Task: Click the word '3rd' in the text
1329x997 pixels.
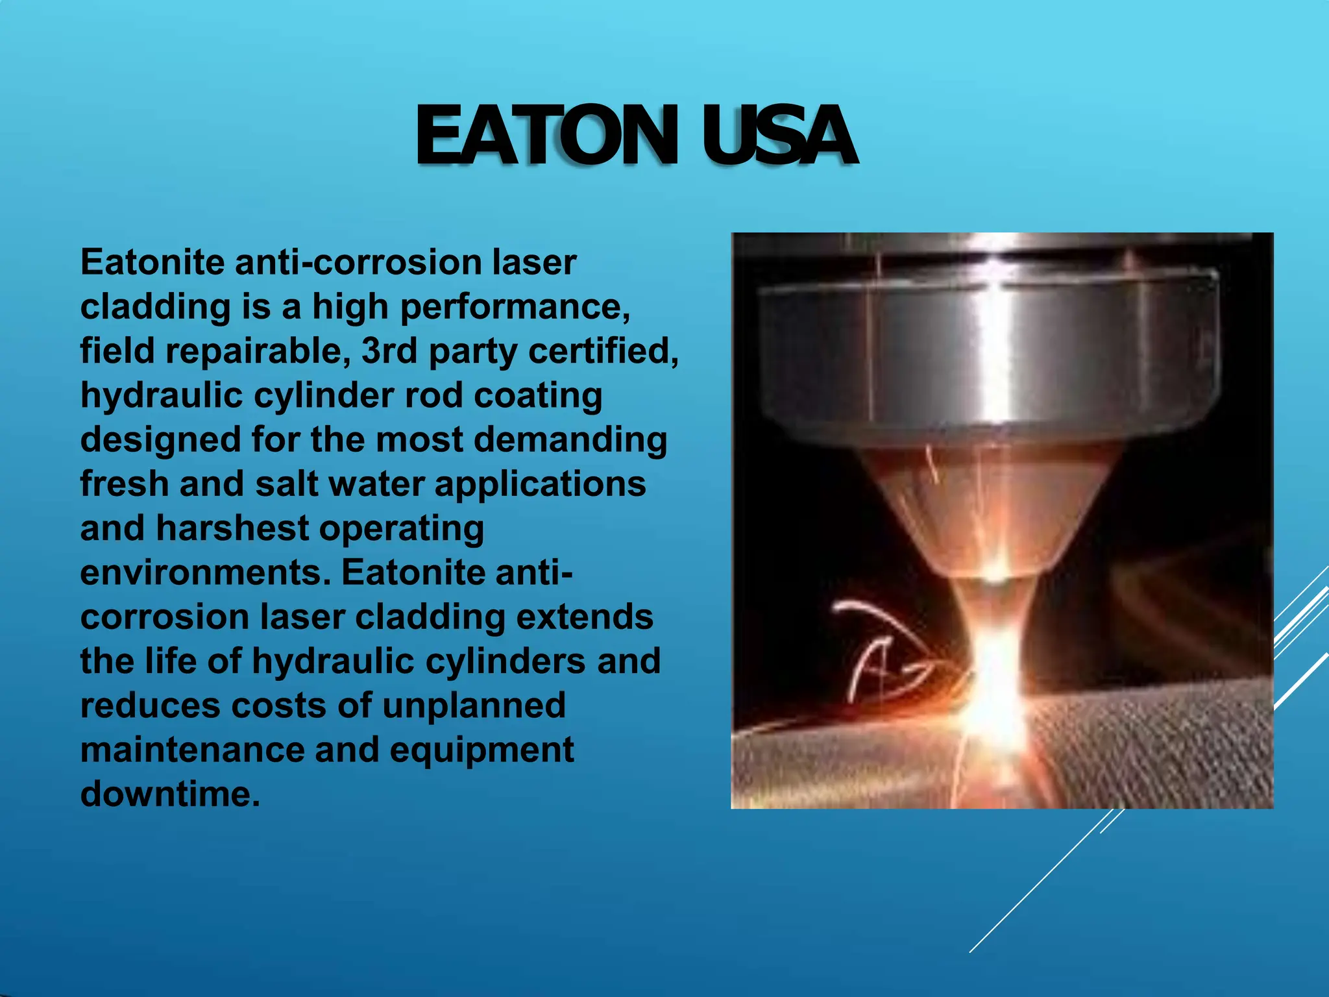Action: (x=389, y=351)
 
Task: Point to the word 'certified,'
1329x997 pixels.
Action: (x=604, y=351)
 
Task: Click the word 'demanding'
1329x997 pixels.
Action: (x=570, y=439)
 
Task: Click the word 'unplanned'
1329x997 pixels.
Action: (x=474, y=706)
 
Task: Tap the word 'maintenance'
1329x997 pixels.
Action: (x=192, y=750)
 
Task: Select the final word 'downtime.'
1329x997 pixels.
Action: (x=170, y=794)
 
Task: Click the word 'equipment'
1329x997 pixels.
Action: (x=482, y=750)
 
